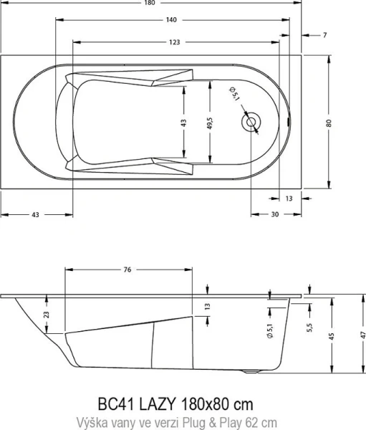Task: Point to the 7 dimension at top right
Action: [324, 34]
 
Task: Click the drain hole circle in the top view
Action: [251, 123]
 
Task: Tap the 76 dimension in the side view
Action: [127, 270]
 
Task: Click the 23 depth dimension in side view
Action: [46, 314]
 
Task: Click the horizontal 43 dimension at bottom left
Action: [34, 215]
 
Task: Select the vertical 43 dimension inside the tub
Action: [184, 123]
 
